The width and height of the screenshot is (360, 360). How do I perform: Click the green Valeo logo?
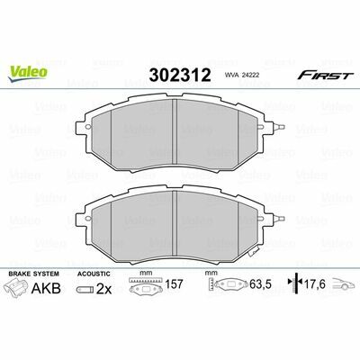(28, 73)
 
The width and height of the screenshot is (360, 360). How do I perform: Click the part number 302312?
(180, 75)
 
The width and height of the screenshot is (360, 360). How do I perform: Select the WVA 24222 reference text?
(241, 76)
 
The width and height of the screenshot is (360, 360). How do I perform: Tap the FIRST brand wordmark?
(324, 76)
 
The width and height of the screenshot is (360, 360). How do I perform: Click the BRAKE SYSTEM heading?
(34, 274)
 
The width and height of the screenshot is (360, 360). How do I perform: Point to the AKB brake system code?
(46, 288)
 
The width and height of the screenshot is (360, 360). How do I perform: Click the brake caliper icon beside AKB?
(17, 288)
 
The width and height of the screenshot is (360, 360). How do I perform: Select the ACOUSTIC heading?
(94, 274)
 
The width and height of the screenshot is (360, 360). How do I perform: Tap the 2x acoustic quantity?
(103, 289)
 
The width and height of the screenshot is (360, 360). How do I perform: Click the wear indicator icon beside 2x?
(85, 290)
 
